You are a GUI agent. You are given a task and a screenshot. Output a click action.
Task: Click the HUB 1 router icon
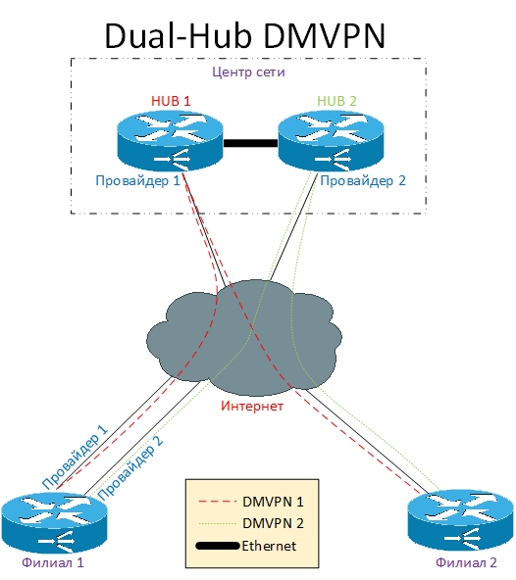point(170,141)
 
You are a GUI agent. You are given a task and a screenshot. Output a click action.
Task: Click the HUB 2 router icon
point(332,141)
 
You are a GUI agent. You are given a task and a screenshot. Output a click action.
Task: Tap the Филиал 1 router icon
point(55,522)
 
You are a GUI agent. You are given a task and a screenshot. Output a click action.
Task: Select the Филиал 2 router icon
point(461,519)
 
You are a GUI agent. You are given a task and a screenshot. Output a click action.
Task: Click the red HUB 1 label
point(171,101)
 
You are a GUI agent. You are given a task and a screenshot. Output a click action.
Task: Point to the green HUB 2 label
point(336,101)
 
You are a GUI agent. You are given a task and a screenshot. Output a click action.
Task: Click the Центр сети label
point(248,72)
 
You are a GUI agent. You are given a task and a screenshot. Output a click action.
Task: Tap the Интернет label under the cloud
point(252,406)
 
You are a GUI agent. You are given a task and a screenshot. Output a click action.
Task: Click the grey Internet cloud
point(244,337)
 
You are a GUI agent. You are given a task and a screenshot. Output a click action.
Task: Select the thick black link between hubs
point(251,143)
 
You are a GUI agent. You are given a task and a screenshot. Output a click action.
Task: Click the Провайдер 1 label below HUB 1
point(137,180)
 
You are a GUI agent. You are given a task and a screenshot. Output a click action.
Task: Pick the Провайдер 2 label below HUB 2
point(363,180)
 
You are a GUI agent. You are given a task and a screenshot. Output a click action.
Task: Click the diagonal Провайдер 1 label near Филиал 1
point(75,457)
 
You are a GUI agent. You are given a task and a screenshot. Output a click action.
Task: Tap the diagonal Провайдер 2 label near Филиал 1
point(130,468)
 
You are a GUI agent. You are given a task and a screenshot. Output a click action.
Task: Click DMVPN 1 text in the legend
point(273,502)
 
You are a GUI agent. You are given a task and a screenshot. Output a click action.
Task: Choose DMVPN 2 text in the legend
point(273,523)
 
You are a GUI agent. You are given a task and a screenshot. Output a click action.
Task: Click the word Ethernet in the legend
point(269,546)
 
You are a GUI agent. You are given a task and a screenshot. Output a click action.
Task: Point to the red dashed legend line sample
point(218,502)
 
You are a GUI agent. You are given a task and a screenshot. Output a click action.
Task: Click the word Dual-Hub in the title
point(179,36)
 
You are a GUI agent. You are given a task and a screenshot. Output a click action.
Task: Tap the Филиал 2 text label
point(466,562)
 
